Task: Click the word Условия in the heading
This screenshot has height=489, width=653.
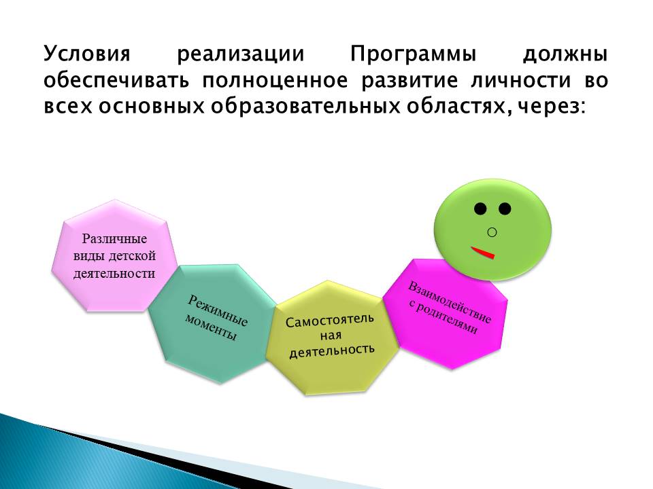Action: [87, 54]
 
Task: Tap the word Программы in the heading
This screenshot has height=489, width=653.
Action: [413, 54]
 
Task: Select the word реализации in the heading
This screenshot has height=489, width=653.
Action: [241, 55]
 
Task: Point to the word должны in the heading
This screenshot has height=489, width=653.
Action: [565, 55]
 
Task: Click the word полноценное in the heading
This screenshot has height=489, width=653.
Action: [275, 80]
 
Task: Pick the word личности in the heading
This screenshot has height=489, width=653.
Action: [520, 80]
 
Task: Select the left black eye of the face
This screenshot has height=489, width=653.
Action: [480, 209]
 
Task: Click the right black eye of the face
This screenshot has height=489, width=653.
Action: [505, 209]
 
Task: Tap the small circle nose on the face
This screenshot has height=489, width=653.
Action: [492, 232]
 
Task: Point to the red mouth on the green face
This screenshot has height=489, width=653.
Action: [483, 253]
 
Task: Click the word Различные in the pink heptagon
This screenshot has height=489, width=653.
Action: [114, 239]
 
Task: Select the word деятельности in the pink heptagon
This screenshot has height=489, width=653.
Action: [114, 273]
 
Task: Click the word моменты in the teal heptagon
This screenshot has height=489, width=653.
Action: [211, 327]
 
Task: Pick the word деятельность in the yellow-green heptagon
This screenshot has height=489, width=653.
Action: [332, 351]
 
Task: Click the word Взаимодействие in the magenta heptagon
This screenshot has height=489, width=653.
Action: [450, 302]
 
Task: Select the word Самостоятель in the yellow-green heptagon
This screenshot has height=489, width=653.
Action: [329, 321]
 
